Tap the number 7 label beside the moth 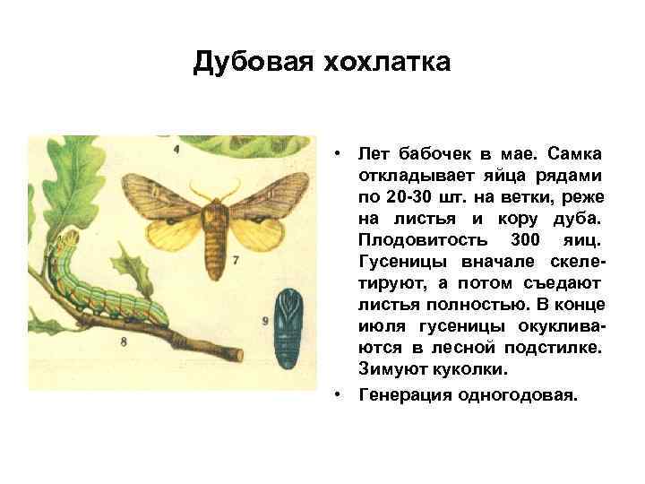(x=235, y=261)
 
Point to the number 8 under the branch (x=123, y=341)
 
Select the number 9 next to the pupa (x=266, y=320)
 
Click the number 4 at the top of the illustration (x=176, y=148)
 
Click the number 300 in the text (x=524, y=239)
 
